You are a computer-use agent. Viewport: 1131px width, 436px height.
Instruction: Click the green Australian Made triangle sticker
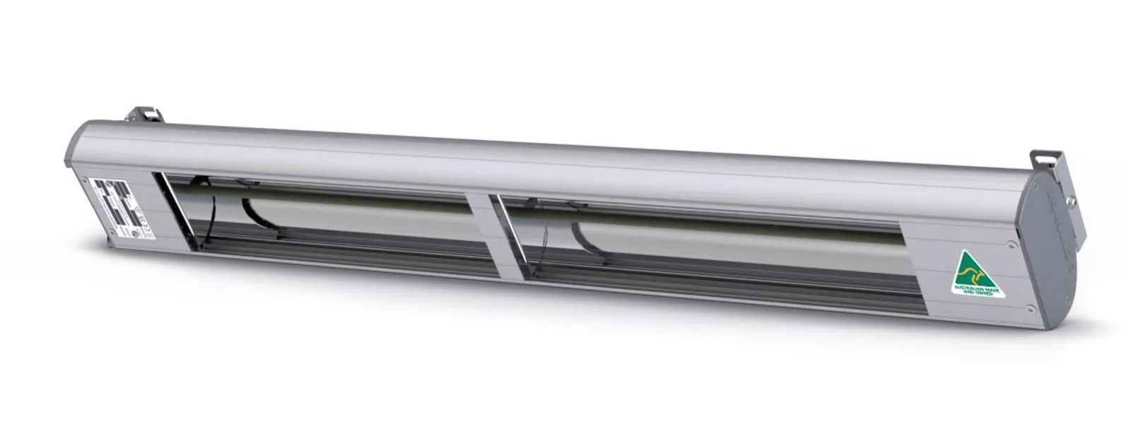[974, 276]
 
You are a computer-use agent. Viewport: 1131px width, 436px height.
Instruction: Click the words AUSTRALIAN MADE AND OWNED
[978, 290]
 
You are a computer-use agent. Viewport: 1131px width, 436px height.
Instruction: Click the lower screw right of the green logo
[1029, 309]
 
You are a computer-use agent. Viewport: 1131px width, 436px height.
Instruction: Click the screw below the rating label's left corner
[112, 232]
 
